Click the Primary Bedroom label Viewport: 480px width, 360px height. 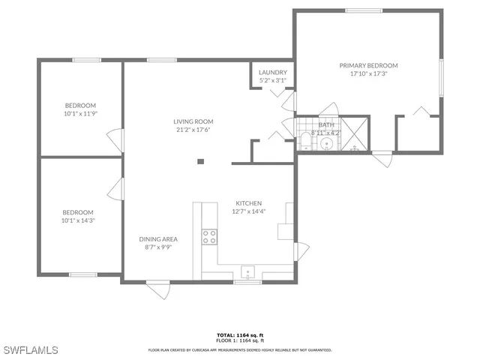pos(368,66)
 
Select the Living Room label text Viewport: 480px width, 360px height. pos(193,121)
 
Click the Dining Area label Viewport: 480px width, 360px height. pos(158,239)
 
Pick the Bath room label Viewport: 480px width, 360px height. pos(326,125)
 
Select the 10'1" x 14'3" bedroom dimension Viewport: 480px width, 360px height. pos(78,220)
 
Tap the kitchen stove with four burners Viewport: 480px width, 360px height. pos(209,237)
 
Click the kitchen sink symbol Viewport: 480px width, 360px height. pos(247,271)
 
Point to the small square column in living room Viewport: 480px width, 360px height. pos(200,160)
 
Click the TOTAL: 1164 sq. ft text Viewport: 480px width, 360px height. pos(240,334)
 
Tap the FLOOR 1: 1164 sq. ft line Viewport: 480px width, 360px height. pos(240,341)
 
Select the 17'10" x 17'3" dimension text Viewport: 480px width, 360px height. pos(368,74)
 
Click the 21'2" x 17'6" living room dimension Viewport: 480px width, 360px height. pos(193,130)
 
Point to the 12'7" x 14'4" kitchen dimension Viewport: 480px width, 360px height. pos(249,211)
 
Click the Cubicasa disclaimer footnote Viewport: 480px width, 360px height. pos(240,349)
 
